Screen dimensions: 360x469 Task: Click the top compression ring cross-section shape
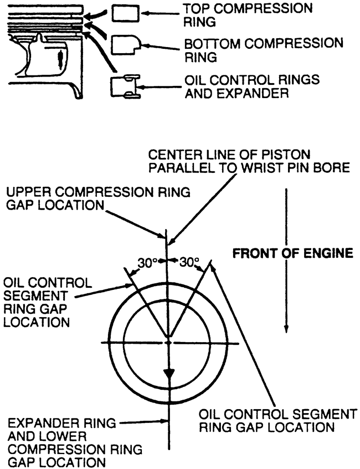(126, 13)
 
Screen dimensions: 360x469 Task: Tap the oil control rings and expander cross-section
(126, 86)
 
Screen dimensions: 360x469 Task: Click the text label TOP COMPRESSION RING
(248, 15)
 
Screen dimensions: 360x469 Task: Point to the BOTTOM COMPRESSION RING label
(264, 50)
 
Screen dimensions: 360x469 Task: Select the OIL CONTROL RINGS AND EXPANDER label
(252, 86)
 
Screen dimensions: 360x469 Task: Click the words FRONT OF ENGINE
(293, 253)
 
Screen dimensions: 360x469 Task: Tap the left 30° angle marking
(147, 263)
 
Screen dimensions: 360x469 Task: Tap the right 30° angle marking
(189, 262)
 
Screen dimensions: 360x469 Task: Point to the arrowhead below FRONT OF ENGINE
(286, 328)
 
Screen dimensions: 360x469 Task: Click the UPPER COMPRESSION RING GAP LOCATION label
(98, 198)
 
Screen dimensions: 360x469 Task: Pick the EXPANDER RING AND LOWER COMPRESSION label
(75, 442)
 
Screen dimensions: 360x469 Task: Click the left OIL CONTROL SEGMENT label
(48, 302)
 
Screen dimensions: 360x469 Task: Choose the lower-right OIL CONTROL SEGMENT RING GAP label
(278, 421)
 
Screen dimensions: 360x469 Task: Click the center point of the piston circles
(169, 343)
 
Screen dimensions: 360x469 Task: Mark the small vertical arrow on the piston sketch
(61, 59)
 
